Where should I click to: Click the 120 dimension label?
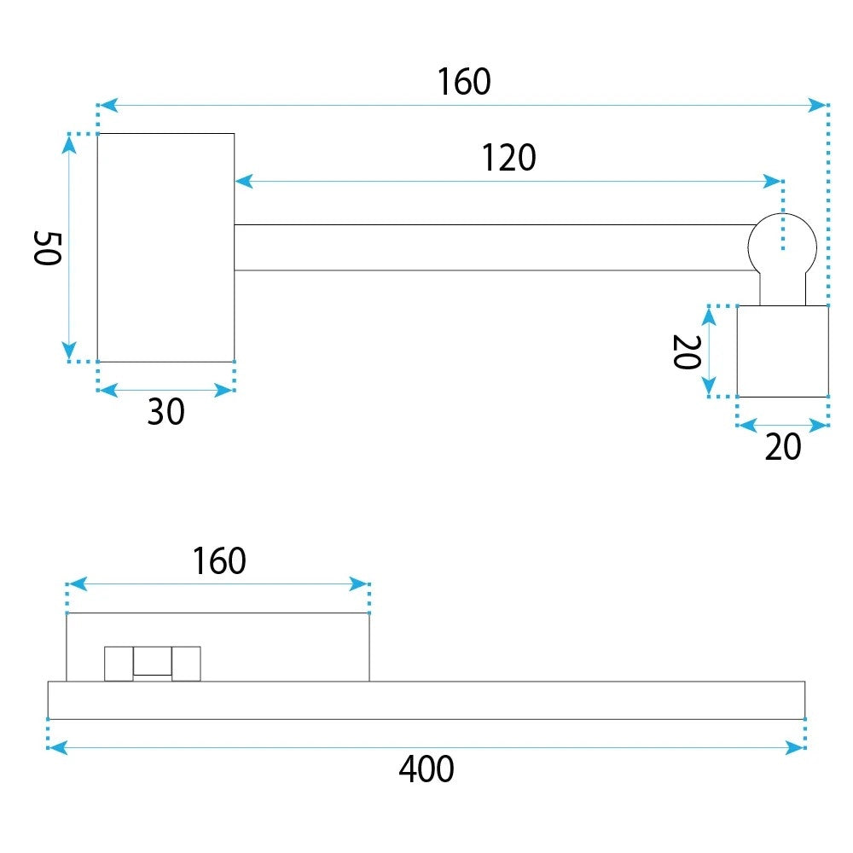[509, 158]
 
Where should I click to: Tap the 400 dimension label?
[426, 769]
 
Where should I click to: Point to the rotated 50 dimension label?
[47, 248]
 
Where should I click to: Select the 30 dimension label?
[166, 411]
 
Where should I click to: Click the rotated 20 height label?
[687, 352]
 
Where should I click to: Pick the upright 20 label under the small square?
[783, 447]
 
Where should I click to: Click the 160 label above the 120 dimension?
[464, 82]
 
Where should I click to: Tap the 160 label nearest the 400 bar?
[219, 561]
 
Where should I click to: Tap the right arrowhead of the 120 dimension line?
[773, 181]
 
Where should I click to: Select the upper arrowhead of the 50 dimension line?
[68, 144]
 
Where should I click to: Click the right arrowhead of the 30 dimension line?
[224, 390]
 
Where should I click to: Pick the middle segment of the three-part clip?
[153, 661]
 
